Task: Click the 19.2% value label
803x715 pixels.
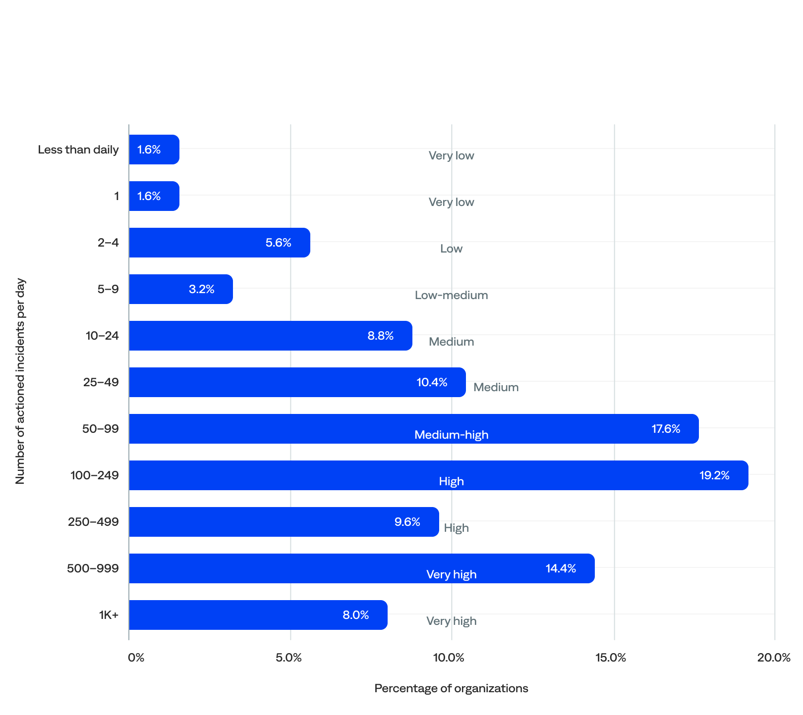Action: pos(714,475)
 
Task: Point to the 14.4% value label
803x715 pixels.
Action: pos(561,568)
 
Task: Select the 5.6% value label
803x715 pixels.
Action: pos(278,243)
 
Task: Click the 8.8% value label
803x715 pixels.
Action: pos(380,336)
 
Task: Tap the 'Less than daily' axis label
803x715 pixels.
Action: pos(78,150)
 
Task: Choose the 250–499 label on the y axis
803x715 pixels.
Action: pos(93,522)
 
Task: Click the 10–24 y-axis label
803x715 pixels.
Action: pos(102,336)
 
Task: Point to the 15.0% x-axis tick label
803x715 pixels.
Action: pos(611,658)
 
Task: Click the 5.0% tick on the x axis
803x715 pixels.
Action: pos(289,658)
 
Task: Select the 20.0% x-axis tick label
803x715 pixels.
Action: pos(774,658)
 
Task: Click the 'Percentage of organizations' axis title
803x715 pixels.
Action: pos(451,688)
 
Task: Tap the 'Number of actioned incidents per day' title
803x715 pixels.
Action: pos(20,381)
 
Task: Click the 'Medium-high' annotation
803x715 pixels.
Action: pos(451,435)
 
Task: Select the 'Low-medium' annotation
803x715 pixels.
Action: pos(451,295)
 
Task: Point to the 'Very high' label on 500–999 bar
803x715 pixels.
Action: pos(451,574)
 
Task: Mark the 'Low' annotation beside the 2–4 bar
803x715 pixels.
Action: pos(451,249)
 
